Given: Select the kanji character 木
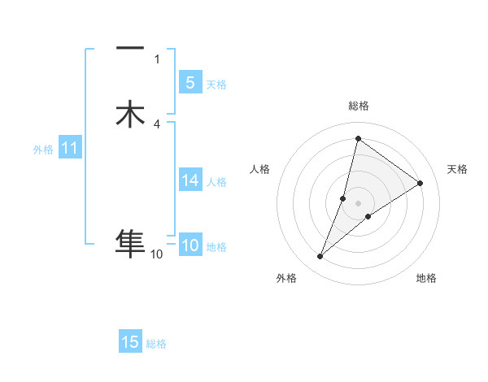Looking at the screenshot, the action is tap(130, 114).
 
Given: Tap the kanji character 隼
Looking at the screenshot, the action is tap(130, 242).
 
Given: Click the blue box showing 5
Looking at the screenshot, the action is tap(190, 83).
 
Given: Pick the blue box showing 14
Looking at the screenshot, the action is tap(190, 180).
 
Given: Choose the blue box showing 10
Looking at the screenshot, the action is tap(190, 245).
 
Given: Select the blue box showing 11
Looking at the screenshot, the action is tap(69, 148).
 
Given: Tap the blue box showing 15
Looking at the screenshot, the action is tap(130, 342).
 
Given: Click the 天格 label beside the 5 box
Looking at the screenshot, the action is tap(216, 85).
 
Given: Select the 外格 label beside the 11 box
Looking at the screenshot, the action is tap(42, 150).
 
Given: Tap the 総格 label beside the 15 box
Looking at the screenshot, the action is tap(157, 344).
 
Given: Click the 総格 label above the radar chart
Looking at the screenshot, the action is tap(358, 106).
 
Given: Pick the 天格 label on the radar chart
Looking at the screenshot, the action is tap(457, 169).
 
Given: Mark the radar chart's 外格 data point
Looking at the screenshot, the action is tap(320, 257).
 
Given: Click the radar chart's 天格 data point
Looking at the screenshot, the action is tap(420, 183).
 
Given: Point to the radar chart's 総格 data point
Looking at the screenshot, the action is tap(358, 138).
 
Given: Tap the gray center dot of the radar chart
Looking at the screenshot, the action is tap(358, 203).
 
